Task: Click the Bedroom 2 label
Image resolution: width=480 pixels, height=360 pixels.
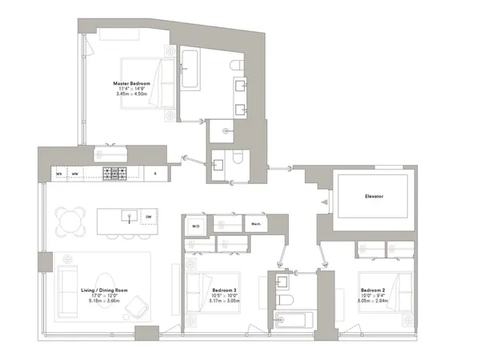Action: tap(374, 290)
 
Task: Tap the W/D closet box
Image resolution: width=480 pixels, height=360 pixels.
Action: tap(195, 226)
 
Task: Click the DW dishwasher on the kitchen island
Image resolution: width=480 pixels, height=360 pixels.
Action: tap(148, 217)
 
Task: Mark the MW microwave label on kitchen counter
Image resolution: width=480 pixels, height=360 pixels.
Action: tap(74, 172)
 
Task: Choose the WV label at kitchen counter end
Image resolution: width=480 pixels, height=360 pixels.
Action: tap(58, 172)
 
